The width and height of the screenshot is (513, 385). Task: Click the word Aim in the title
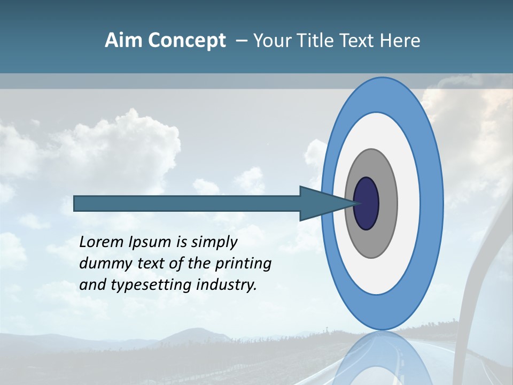point(123,41)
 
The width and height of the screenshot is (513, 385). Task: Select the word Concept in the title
point(186,41)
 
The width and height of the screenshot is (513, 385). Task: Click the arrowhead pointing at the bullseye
point(321,204)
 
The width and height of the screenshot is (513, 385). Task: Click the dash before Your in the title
point(241,41)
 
